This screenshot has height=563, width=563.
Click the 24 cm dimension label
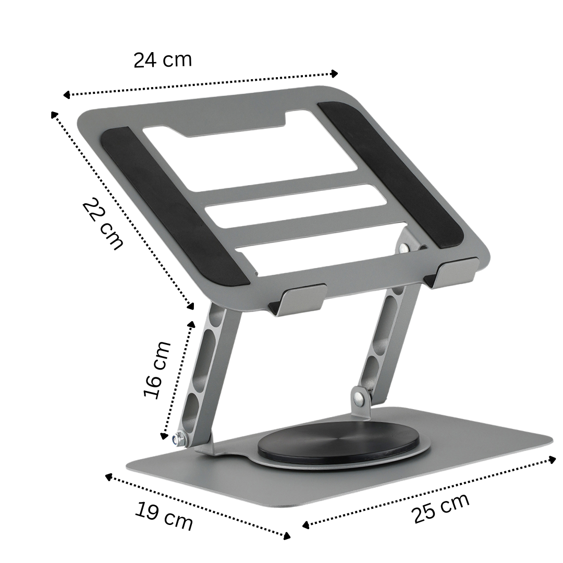coord(163,60)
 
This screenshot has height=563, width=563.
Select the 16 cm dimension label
coord(157,370)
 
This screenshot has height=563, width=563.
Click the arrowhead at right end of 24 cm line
coord(335,74)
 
